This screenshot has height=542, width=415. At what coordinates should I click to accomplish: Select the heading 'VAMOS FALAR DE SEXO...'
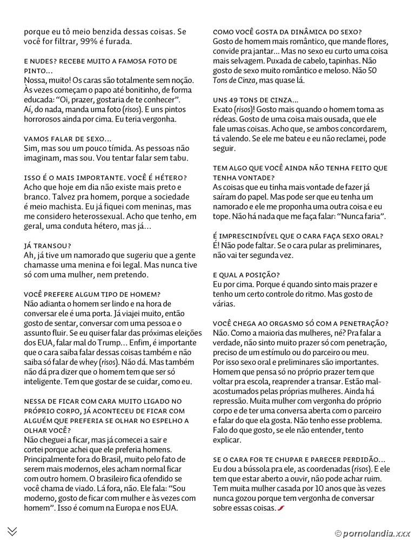(x=68, y=139)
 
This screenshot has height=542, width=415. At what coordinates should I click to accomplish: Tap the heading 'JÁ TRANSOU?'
(x=48, y=246)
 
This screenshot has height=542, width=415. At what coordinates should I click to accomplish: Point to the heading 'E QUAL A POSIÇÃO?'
(x=246, y=274)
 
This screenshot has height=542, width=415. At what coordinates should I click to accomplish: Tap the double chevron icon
(x=12, y=531)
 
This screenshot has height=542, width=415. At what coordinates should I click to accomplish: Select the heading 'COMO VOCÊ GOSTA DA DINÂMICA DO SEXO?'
(x=287, y=32)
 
